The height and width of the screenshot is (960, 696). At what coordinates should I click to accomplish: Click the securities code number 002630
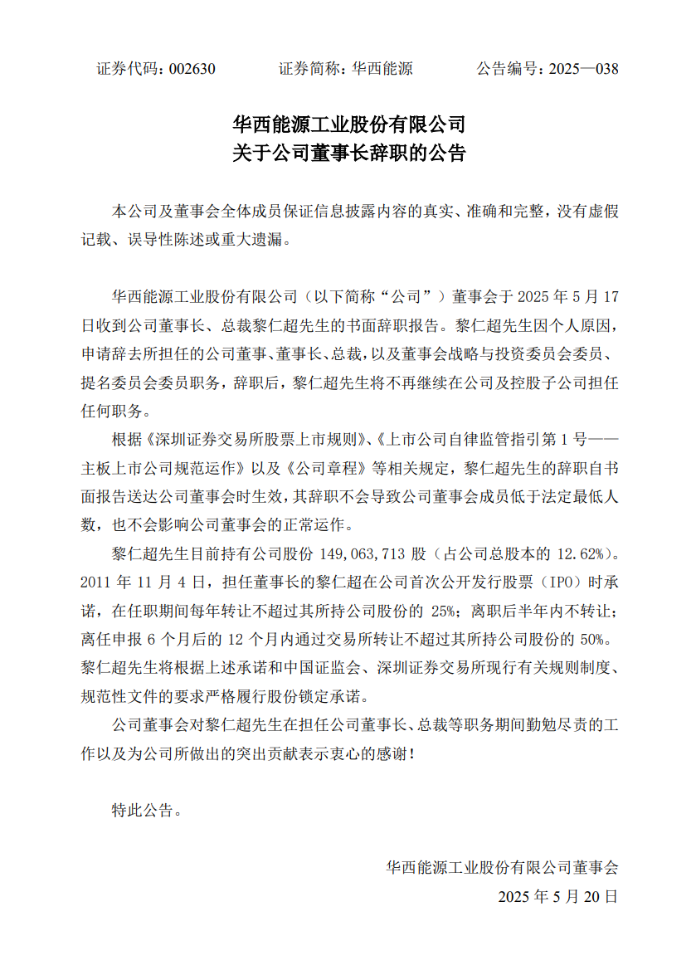point(192,69)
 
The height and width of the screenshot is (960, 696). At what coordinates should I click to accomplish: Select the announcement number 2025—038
point(583,69)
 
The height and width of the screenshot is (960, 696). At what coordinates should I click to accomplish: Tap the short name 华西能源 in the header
point(382,69)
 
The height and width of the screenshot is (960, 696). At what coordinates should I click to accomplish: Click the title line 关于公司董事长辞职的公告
point(348,154)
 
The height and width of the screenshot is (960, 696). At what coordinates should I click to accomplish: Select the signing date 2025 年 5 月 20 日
point(557,897)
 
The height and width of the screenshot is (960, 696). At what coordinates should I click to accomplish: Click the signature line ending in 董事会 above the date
point(502,868)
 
